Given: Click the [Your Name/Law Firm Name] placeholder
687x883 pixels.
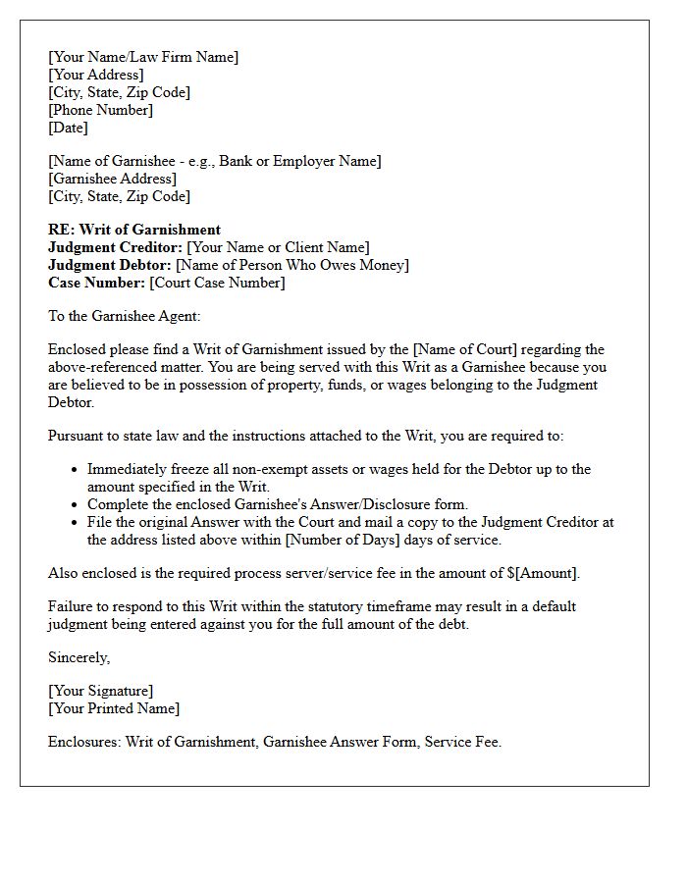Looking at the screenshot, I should tap(143, 57).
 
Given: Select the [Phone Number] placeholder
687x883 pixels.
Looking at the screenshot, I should tap(100, 110).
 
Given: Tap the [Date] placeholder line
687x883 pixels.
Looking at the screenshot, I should tap(68, 128).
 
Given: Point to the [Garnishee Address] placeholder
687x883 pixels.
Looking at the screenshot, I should tap(112, 179).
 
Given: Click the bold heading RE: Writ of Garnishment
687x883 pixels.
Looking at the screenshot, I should tap(134, 230).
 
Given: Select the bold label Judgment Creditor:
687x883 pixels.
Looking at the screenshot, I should tap(115, 247).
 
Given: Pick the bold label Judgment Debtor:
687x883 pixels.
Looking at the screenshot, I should tap(110, 265).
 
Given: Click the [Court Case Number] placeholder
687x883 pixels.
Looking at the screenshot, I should tap(217, 283).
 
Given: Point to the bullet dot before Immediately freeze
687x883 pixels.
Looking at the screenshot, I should tap(76, 470).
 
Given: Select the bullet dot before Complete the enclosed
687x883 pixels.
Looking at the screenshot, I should tap(76, 505).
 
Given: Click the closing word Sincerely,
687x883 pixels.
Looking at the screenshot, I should tap(79, 657).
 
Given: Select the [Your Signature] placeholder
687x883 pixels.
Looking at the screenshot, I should tap(100, 691).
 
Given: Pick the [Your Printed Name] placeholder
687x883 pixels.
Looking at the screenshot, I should tap(114, 708).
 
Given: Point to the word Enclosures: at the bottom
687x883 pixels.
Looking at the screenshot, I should tap(84, 742).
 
